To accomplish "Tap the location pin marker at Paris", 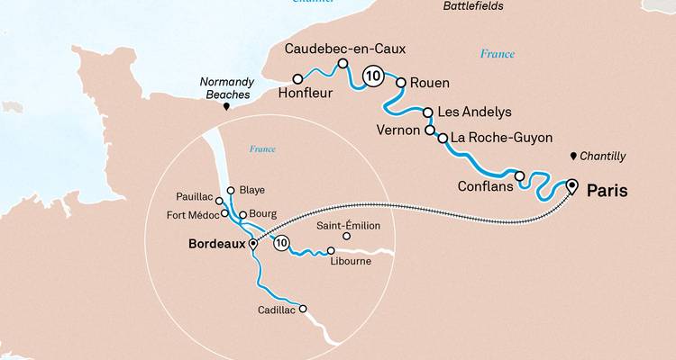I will [x=571, y=186].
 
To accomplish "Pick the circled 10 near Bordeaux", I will [x=282, y=243].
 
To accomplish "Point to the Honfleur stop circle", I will [x=297, y=79].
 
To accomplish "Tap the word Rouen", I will [x=429, y=83].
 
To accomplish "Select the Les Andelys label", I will [x=474, y=112].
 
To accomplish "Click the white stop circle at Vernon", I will [x=430, y=130].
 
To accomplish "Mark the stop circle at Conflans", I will [x=520, y=175].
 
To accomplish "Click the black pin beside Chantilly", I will [x=573, y=157].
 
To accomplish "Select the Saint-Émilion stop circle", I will [x=346, y=237].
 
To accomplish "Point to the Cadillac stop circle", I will [x=303, y=309].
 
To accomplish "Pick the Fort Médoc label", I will [x=192, y=215].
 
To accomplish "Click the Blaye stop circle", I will [x=231, y=190].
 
